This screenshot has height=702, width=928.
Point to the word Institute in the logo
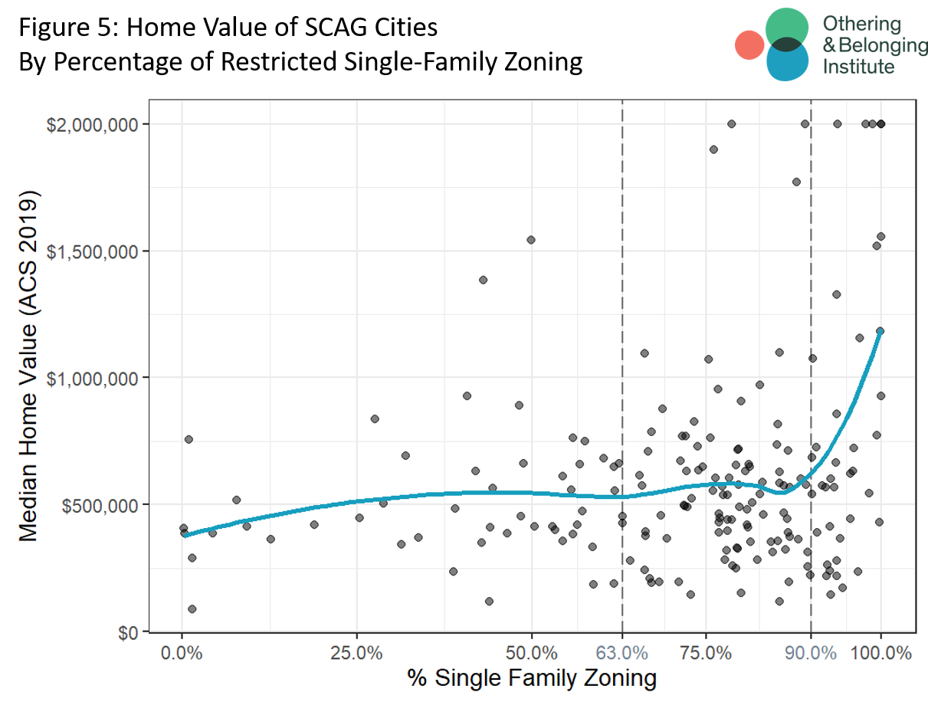857,67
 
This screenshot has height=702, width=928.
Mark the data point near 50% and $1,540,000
530,240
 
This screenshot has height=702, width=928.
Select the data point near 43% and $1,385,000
483,280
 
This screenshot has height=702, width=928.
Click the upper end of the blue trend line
880,331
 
